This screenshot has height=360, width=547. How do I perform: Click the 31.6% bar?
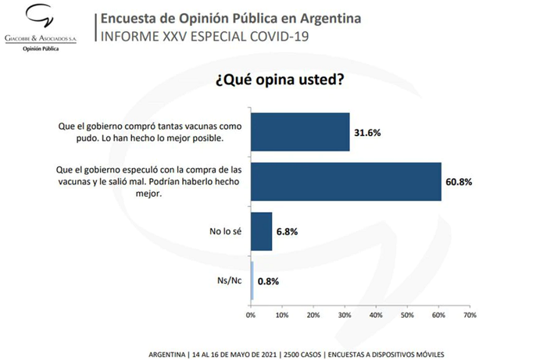(x=300, y=132)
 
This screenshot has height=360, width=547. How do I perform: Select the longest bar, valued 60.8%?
(x=346, y=181)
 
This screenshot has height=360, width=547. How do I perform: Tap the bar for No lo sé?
(x=261, y=231)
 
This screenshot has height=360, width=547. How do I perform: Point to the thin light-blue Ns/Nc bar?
(x=252, y=280)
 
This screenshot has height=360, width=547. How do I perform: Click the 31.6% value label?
(x=367, y=133)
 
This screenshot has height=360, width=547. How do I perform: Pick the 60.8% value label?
(x=459, y=182)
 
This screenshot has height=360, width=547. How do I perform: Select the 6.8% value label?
(x=287, y=232)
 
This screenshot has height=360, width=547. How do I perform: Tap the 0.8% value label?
(x=268, y=281)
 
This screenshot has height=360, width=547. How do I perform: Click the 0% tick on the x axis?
(x=251, y=315)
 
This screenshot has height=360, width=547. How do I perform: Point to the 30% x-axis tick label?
(x=345, y=315)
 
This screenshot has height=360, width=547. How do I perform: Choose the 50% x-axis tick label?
(x=407, y=315)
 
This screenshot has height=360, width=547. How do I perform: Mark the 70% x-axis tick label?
(x=470, y=315)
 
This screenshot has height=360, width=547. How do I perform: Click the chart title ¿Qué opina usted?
(x=280, y=80)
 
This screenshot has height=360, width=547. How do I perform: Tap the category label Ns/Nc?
(x=229, y=280)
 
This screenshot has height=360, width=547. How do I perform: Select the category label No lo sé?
(x=225, y=231)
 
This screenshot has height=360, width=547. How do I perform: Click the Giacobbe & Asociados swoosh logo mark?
(x=40, y=16)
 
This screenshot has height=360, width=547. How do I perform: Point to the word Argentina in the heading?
(x=331, y=18)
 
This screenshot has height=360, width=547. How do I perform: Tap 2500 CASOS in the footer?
(x=302, y=355)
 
